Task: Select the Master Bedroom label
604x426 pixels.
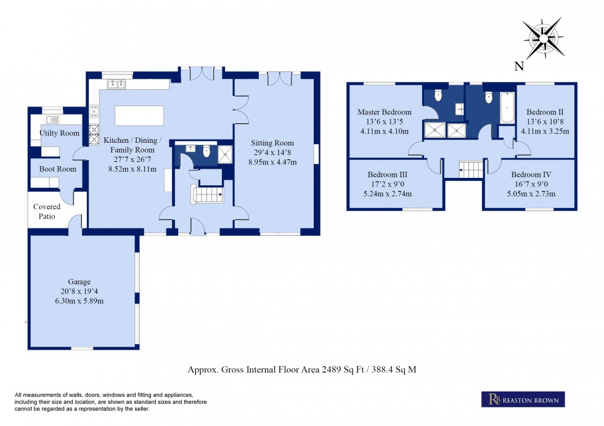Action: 385,112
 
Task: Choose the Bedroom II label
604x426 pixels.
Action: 545,112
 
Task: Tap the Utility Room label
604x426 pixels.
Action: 59,134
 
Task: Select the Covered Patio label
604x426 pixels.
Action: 47,211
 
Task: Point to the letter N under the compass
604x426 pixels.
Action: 520,66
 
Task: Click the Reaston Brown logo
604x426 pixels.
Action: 522,400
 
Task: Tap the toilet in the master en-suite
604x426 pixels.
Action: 438,95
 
